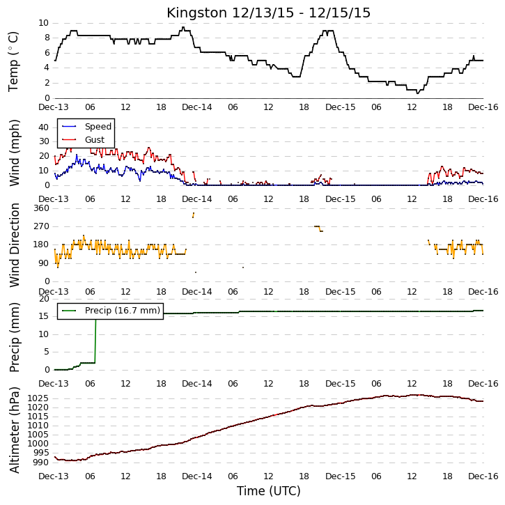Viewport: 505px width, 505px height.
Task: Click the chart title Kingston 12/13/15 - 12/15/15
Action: (268, 13)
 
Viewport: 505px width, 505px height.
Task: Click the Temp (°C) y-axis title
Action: (13, 61)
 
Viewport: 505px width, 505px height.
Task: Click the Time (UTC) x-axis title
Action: (268, 491)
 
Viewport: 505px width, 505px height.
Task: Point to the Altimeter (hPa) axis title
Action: (14, 430)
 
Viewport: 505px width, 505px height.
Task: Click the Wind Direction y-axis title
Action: (14, 245)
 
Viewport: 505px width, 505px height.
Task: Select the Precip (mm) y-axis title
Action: (14, 337)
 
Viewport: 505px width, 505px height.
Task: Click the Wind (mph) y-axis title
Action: (14, 153)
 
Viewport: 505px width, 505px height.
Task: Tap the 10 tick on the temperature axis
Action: (43, 23)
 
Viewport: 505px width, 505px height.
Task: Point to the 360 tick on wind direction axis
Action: (42, 208)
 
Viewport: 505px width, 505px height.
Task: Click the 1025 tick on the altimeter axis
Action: (38, 398)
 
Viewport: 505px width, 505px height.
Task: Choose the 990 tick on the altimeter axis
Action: (41, 463)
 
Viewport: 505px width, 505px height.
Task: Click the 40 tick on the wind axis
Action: (43, 127)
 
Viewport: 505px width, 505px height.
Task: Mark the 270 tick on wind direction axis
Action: (42, 226)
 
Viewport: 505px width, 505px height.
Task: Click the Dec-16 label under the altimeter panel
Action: (483, 476)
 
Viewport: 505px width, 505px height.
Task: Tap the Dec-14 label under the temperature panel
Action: (197, 107)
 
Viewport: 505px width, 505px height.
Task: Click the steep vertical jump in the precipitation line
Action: (95, 341)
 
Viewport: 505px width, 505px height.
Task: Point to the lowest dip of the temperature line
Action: (417, 93)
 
